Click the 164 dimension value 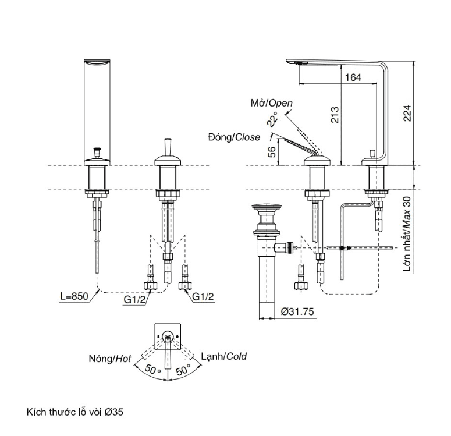point(353,77)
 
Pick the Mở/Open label point(271,103)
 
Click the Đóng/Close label point(233,137)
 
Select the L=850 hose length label point(74,297)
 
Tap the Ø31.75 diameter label point(297,312)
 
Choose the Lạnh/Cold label point(223,356)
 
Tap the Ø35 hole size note point(75,412)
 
